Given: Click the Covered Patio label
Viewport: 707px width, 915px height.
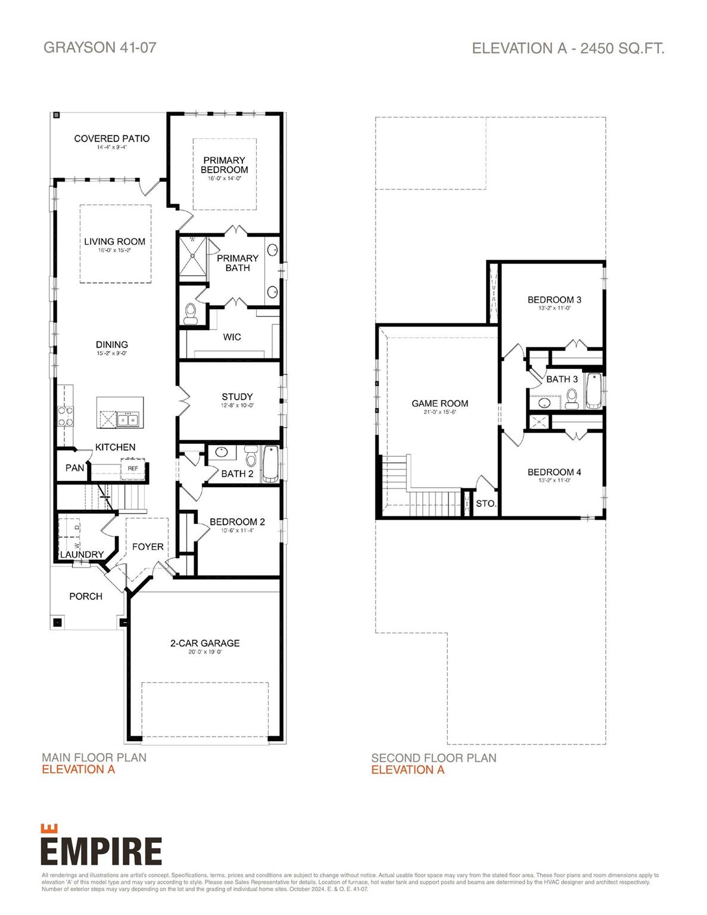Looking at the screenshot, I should (x=112, y=138).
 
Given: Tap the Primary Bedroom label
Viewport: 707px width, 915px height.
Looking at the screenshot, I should (x=224, y=165).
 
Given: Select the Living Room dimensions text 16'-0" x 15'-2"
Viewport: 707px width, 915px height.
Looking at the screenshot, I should (x=114, y=251).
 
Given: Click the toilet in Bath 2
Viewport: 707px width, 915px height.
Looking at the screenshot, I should (x=251, y=457).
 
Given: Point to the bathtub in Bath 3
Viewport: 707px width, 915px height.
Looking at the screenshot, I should (x=594, y=391).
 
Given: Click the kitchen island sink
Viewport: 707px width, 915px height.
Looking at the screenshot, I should (x=127, y=419).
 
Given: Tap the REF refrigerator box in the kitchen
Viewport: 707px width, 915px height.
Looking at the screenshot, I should (x=133, y=468).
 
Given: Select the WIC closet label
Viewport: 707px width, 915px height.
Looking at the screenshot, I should (x=232, y=337).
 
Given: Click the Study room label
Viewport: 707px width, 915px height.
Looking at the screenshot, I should (x=237, y=397).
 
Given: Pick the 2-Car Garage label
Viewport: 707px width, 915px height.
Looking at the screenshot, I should (x=205, y=643).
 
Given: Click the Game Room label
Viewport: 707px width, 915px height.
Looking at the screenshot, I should (x=440, y=403).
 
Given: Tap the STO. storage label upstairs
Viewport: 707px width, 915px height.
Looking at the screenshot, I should (x=485, y=503).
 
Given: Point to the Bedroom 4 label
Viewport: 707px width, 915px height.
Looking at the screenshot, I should (x=554, y=472).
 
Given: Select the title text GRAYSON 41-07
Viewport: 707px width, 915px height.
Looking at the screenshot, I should (x=100, y=48).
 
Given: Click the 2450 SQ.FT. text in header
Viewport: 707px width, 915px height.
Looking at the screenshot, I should (x=622, y=48).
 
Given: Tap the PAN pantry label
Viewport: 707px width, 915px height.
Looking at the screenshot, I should (x=74, y=468).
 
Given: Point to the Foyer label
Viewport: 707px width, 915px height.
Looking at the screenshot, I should (x=148, y=546).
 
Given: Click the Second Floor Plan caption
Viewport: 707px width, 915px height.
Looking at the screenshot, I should (x=434, y=758).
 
